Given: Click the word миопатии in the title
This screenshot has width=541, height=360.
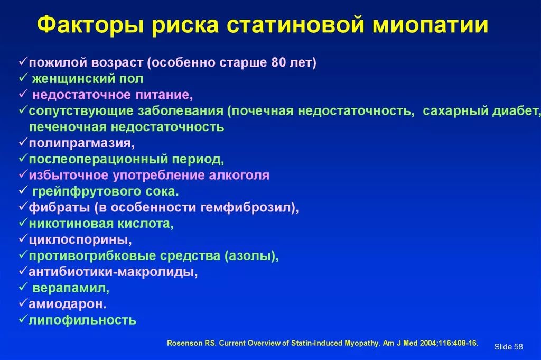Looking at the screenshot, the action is (430, 25).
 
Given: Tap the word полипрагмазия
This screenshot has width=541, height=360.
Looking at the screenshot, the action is (81, 143).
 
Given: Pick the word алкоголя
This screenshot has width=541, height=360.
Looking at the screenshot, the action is (239, 176).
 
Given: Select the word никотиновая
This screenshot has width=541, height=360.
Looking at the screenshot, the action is (71, 224).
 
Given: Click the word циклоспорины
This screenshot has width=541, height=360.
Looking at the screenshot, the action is (80, 240).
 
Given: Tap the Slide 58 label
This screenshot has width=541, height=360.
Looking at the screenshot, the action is (508, 347).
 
